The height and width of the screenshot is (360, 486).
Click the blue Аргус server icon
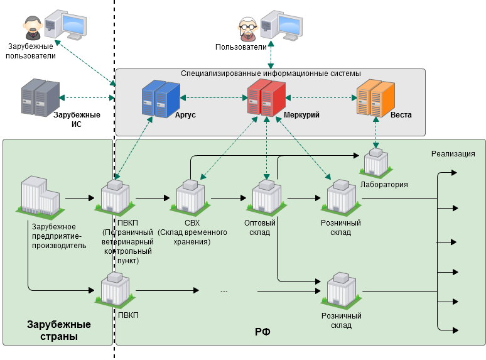[x=161, y=99]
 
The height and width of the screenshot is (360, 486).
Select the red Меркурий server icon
[x=266, y=97]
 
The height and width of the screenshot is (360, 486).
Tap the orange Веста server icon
[x=375, y=98]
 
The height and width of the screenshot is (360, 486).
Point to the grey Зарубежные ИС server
[x=40, y=97]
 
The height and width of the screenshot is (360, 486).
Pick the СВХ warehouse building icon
[x=190, y=197]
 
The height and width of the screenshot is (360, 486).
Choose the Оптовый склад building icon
[x=267, y=197]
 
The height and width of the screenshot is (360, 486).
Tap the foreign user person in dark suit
[x=33, y=28]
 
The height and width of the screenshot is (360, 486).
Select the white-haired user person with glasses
[x=247, y=30]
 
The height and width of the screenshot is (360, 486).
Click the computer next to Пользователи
[x=281, y=25]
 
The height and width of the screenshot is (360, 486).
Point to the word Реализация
[x=453, y=154]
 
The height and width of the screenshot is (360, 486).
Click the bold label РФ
[x=262, y=332]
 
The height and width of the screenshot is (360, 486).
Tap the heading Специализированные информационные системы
[x=271, y=74]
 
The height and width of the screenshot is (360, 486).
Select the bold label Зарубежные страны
[x=59, y=330]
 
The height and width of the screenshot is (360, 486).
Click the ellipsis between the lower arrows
[x=224, y=292]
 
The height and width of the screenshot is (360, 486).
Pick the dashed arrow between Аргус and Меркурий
[x=214, y=98]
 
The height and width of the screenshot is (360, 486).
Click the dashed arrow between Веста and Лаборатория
[x=376, y=133]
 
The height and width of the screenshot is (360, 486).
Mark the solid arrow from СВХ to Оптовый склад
[x=229, y=198]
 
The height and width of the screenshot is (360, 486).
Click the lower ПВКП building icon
[x=116, y=290]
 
